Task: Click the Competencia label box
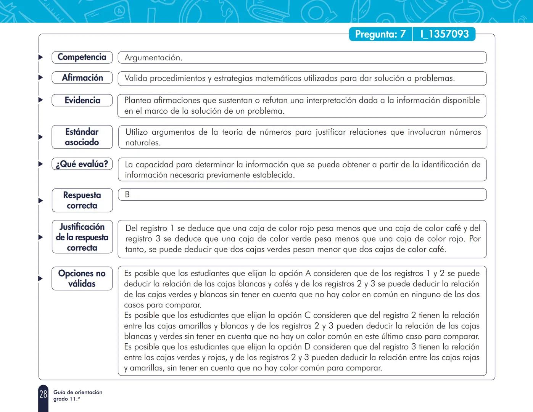(x=82, y=57)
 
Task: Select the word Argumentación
(x=153, y=58)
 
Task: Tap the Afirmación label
(x=82, y=78)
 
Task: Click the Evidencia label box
(x=82, y=100)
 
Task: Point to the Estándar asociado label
(x=82, y=137)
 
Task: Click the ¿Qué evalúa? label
(x=82, y=164)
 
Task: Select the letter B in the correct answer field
(x=127, y=195)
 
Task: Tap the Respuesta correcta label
(x=82, y=200)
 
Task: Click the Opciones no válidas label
(x=82, y=278)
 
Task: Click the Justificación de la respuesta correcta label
(x=82, y=237)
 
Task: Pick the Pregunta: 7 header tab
(x=380, y=34)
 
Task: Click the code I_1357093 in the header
(x=444, y=34)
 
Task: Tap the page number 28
(x=43, y=394)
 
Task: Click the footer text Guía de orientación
(x=78, y=392)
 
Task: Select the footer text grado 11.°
(x=67, y=399)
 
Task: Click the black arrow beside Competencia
(x=40, y=57)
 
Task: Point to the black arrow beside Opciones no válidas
(x=40, y=278)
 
